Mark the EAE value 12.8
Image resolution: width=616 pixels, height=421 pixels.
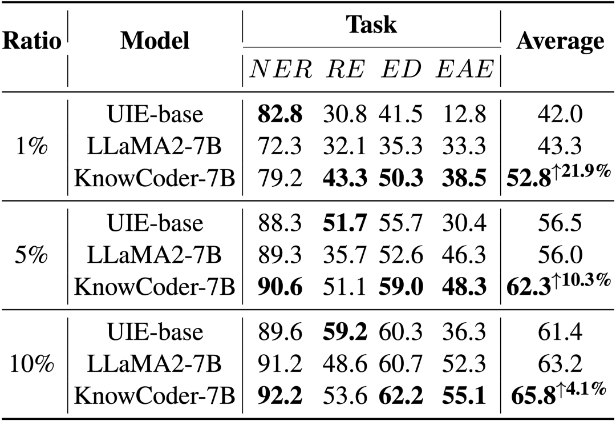coord(464,114)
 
